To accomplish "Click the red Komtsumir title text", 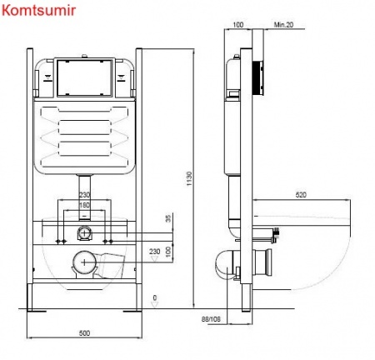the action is point(39,11).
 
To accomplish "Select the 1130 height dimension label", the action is point(189,178).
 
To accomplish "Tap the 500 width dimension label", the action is point(84,332).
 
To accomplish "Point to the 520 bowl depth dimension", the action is point(301,195).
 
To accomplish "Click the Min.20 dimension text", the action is point(283,25).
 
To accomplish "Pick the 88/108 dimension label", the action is point(211,319).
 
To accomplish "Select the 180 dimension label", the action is point(84,205).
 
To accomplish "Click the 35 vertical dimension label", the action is point(168,218).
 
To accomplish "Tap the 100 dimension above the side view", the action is point(238,25).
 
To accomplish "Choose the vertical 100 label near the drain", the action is point(168,252).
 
